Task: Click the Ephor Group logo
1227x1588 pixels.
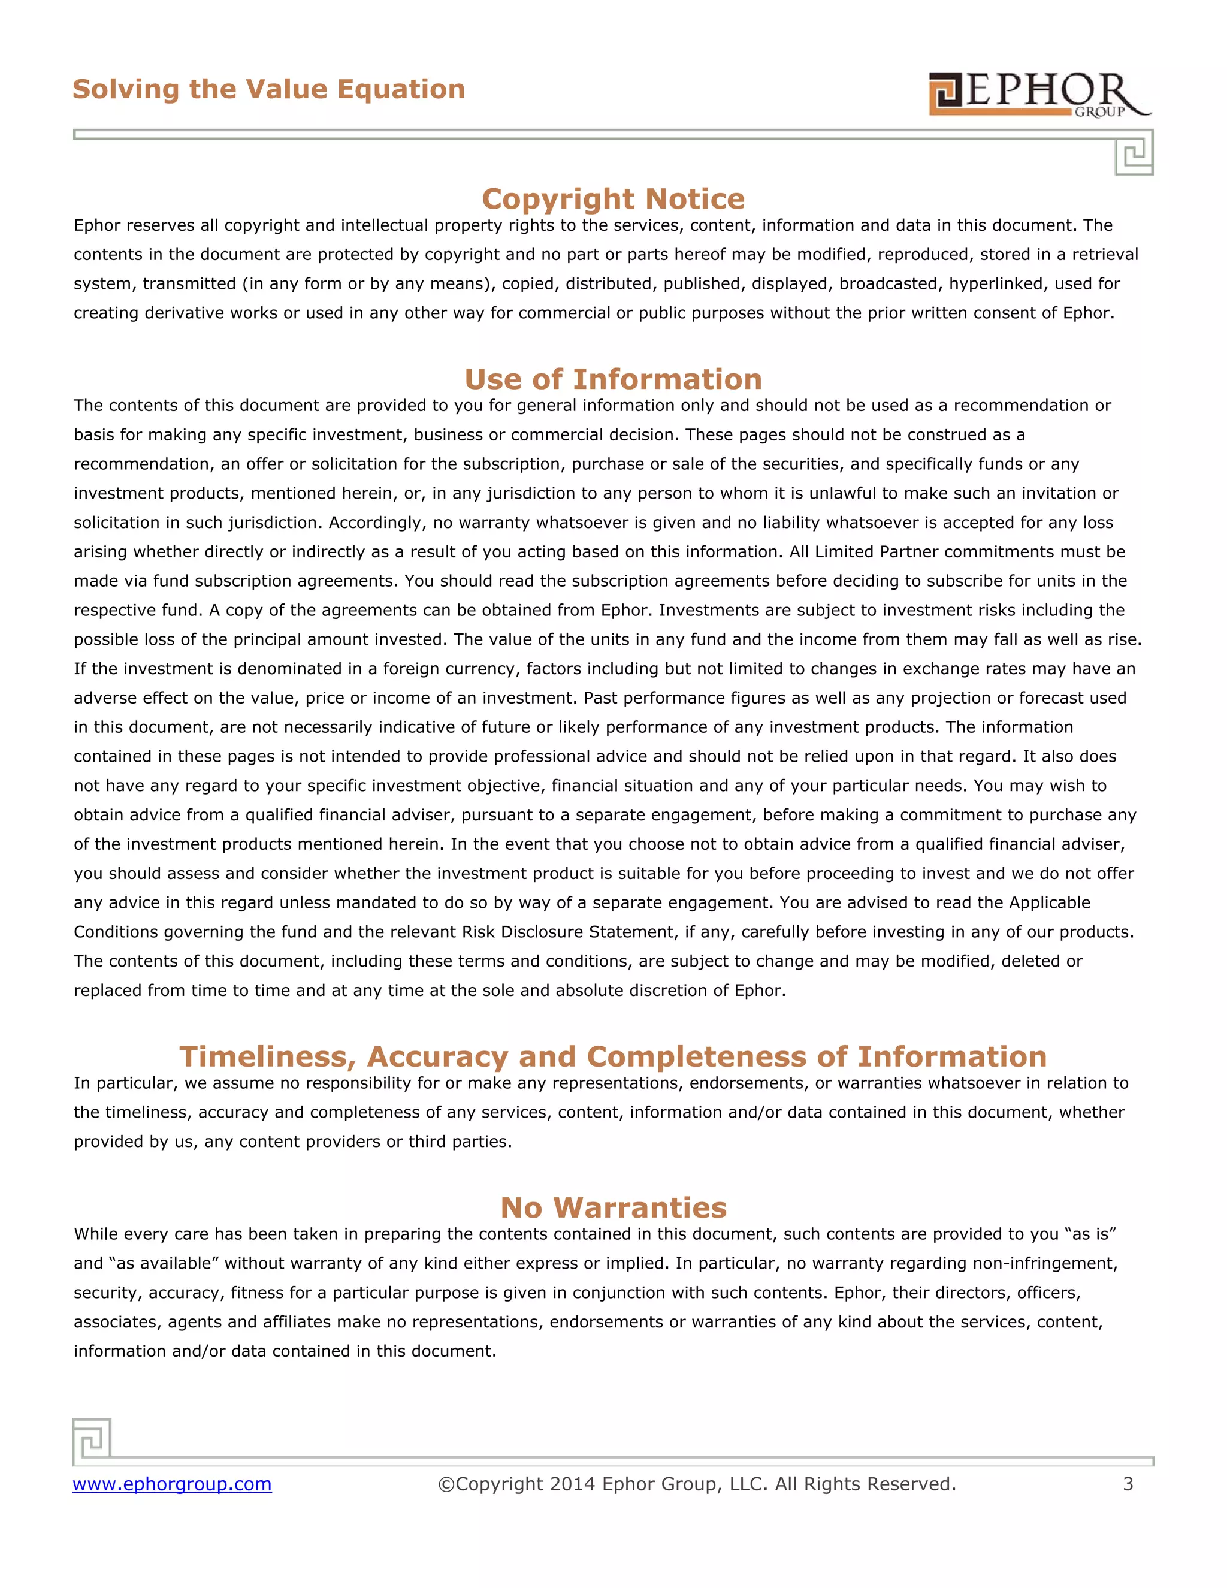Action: coord(1039,94)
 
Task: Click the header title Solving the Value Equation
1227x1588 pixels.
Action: coord(268,89)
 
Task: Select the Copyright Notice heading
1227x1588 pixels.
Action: coord(613,198)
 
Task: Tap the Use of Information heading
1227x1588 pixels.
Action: coord(613,379)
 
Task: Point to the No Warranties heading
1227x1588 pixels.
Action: coord(613,1207)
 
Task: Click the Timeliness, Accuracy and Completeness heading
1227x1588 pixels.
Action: coord(613,1056)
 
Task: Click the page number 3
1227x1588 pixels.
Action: coord(1128,1484)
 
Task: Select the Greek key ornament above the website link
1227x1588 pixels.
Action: coord(92,1439)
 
